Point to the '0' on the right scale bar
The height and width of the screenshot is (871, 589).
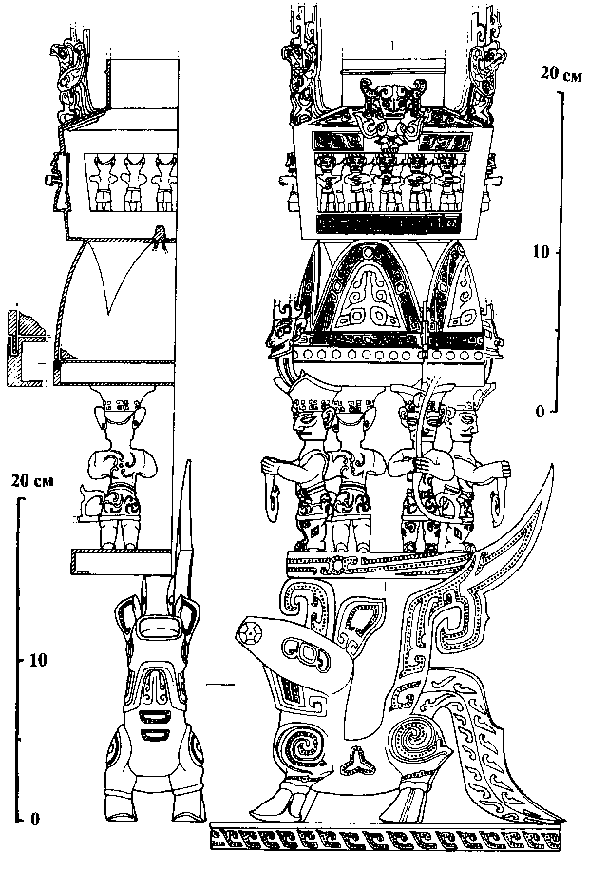pos(539,412)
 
